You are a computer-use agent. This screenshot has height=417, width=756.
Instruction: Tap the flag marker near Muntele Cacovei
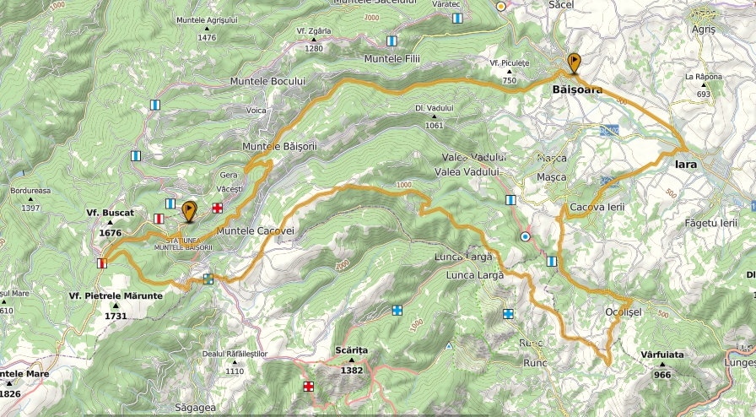(189, 210)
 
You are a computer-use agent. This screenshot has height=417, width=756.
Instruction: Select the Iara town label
(684, 165)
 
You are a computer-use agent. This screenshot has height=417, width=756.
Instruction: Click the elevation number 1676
(111, 233)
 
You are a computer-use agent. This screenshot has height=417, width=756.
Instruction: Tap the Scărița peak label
(352, 349)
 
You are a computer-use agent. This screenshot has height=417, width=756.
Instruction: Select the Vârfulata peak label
(661, 355)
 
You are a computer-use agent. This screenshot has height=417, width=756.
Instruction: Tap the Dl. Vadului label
(435, 108)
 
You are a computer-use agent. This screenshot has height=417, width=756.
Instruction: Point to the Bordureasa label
(30, 191)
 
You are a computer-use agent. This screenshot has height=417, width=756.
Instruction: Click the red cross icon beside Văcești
(217, 208)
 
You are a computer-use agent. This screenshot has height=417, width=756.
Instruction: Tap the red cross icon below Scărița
(309, 387)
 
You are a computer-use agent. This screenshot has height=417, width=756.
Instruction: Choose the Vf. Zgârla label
(314, 30)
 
